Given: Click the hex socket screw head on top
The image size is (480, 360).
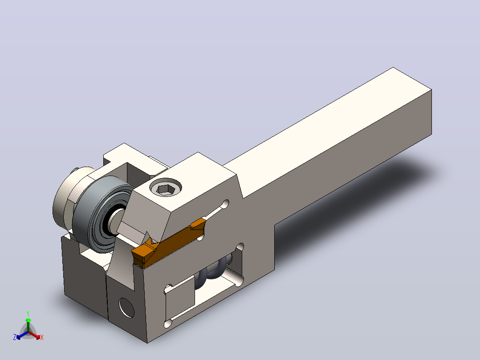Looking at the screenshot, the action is [166, 187].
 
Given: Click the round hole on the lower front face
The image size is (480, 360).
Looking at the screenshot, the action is [126, 307].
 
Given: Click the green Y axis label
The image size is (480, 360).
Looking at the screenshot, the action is [28, 313].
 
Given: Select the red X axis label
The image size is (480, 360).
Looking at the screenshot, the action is [42, 337].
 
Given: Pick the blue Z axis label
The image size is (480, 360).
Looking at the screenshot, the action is [15, 337].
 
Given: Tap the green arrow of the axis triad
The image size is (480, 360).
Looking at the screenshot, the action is [28, 325].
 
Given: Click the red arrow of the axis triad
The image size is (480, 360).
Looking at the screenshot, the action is [34, 335].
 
